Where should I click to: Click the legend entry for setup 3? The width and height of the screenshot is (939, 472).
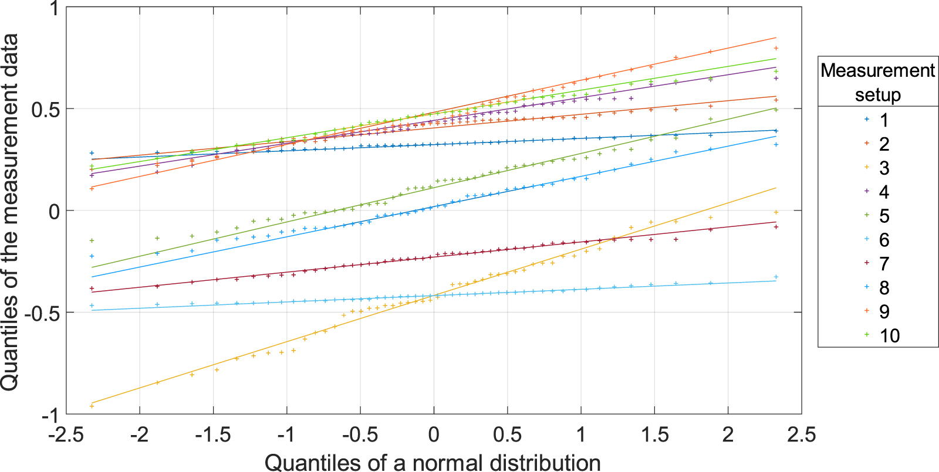884,168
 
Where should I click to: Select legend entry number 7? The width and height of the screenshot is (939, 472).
884,264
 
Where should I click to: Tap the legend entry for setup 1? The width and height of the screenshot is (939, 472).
884,120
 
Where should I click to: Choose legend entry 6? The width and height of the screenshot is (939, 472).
884,240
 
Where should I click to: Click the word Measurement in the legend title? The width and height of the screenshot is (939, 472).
877,70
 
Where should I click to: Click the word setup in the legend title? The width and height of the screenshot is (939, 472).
877,94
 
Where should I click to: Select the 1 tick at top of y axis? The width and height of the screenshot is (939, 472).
54,8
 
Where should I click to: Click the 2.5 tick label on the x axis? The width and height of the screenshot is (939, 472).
801,435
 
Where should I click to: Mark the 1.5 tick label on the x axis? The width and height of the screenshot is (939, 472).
654,435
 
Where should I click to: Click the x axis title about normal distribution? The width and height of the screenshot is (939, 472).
433,462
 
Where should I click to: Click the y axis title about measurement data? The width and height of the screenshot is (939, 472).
11,211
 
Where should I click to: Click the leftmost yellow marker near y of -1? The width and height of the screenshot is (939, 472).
92,406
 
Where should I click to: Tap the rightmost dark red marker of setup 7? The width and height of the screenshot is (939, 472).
776,227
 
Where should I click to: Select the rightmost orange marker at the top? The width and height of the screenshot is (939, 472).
776,48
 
